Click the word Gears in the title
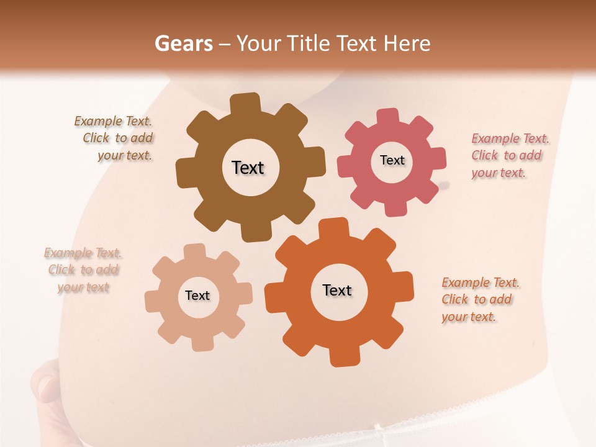pos(183,44)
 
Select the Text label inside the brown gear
pos(248,168)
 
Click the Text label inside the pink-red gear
pos(392,160)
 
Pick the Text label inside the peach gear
pos(197,296)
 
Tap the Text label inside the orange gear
pos(337,291)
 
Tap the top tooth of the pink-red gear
pos(387,117)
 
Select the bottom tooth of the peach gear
pos(202,342)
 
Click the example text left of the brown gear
pos(115,138)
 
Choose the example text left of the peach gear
pos(83,270)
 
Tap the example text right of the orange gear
pos(479,299)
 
